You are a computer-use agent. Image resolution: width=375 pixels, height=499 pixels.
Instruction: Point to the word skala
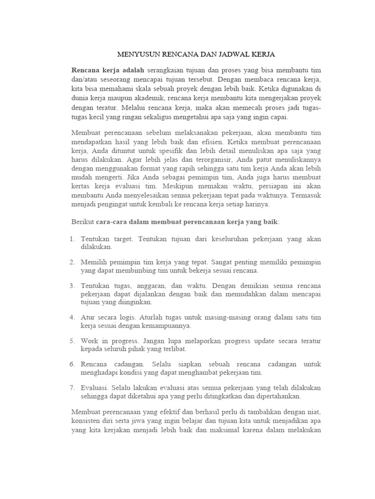(145, 90)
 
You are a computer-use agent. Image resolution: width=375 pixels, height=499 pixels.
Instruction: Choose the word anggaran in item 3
(149, 285)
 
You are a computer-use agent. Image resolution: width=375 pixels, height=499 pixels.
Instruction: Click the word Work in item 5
(90, 340)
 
